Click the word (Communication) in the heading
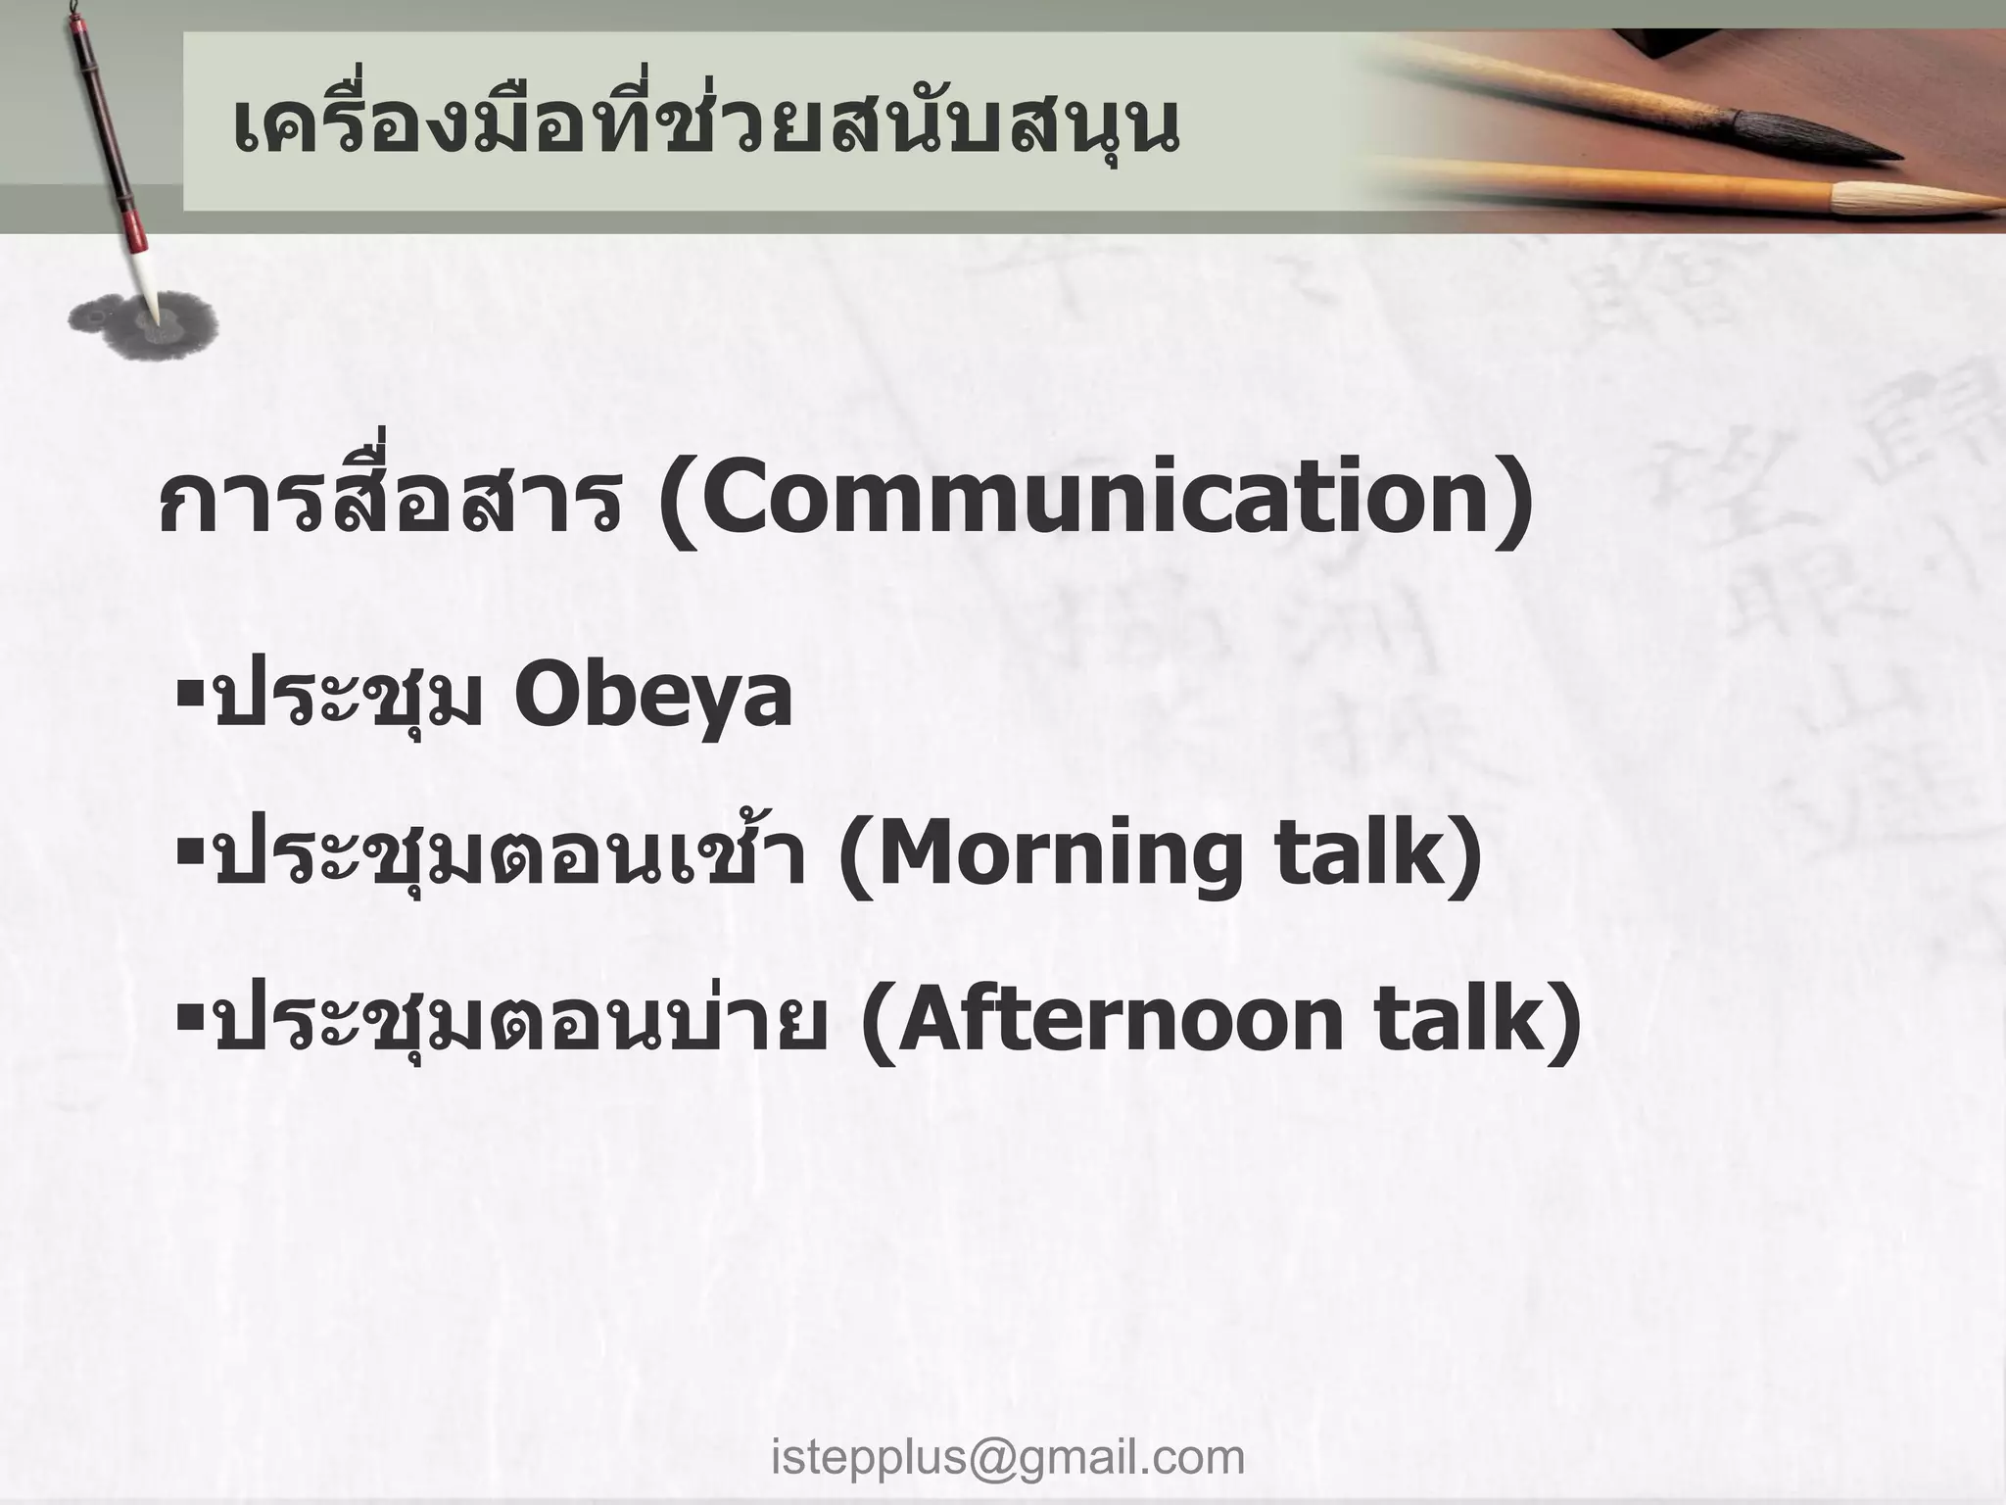(x=1095, y=501)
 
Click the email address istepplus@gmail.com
(x=1008, y=1457)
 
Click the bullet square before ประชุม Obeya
(x=189, y=693)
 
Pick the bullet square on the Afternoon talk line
(x=189, y=1015)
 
